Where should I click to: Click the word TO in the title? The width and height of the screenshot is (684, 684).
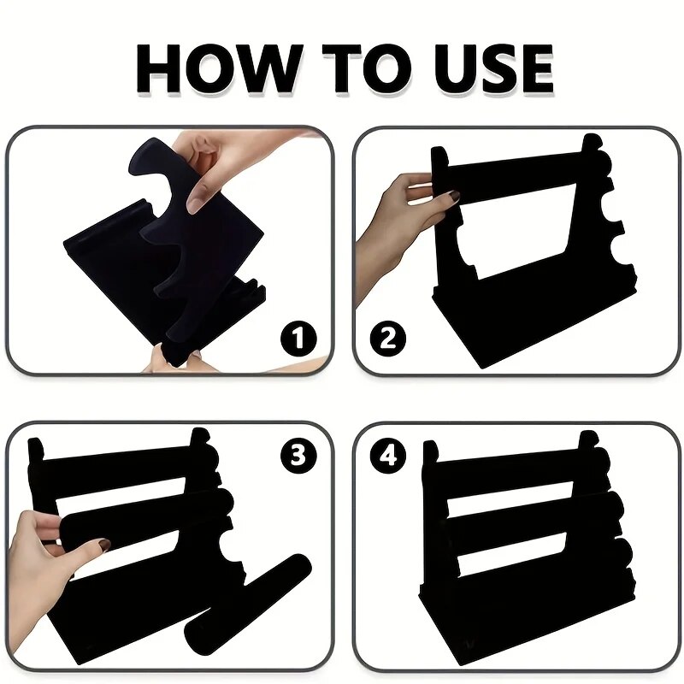click(x=367, y=68)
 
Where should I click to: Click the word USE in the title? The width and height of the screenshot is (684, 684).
click(x=494, y=68)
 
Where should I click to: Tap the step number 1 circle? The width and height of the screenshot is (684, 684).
click(x=298, y=339)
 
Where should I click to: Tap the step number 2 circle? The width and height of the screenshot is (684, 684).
click(x=388, y=339)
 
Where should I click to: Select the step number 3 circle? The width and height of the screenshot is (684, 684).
click(x=298, y=457)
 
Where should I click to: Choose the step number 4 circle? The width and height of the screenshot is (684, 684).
click(x=388, y=457)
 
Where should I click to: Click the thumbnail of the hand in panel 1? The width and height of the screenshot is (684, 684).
click(x=198, y=198)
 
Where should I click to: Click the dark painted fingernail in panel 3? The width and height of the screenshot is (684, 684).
click(x=103, y=544)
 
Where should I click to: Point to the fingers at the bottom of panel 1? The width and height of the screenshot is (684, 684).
click(x=179, y=362)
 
